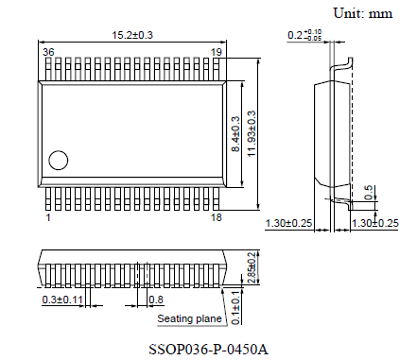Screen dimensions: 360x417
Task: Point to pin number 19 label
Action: click(x=217, y=52)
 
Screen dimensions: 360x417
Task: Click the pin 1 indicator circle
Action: click(x=59, y=161)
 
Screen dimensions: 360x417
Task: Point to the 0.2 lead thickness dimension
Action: click(x=304, y=36)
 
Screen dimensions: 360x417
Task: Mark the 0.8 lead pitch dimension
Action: click(x=156, y=300)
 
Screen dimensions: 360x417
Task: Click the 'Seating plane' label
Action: click(x=189, y=319)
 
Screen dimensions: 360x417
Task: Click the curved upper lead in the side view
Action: click(x=342, y=63)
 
